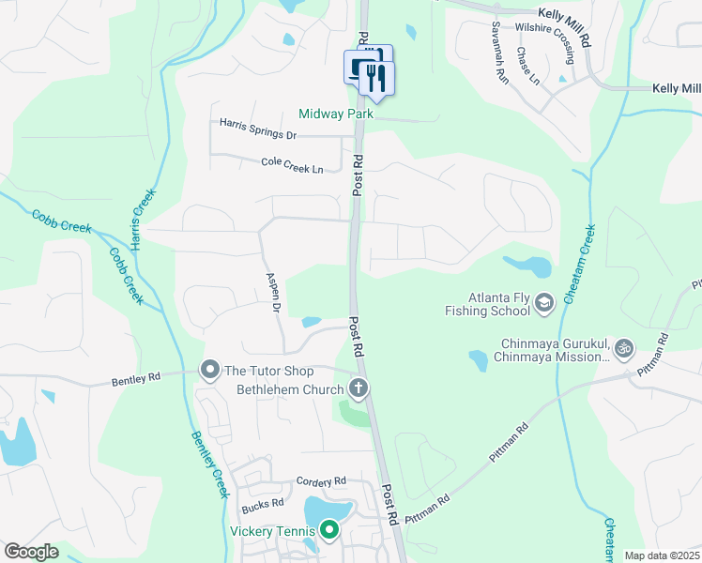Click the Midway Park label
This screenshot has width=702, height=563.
[x=336, y=114]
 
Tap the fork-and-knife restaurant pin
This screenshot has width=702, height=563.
[x=377, y=79]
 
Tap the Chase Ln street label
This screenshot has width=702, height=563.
[x=528, y=66]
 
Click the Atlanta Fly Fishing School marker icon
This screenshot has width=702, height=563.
[x=546, y=302]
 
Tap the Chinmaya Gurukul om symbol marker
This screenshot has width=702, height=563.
[x=621, y=349]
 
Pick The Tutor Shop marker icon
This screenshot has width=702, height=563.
[x=209, y=370]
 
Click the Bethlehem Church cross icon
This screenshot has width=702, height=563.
[x=358, y=388]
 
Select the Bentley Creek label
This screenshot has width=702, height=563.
[x=207, y=464]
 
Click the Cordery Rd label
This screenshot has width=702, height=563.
[x=321, y=481]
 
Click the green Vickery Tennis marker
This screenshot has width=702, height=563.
[x=328, y=531]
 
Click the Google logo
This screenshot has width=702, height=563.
[x=31, y=552]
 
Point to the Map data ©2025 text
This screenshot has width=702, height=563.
[x=662, y=555]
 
